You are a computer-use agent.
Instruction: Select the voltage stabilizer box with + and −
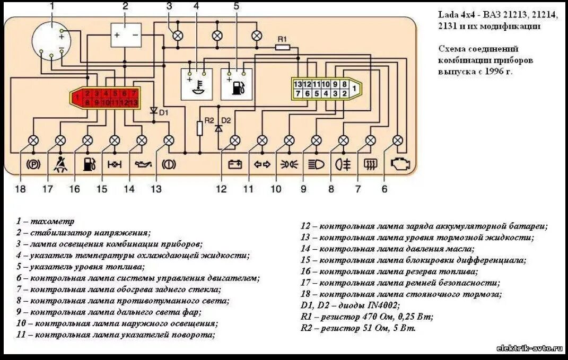[125, 35]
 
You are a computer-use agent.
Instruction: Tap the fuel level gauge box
[237, 84]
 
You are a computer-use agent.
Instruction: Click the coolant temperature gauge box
[197, 84]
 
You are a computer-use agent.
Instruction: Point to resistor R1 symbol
[282, 47]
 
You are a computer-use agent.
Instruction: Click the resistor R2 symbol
[200, 128]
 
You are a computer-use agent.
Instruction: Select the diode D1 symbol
[154, 111]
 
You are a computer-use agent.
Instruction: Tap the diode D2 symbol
[218, 128]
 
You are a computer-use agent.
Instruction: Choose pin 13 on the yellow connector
[298, 84]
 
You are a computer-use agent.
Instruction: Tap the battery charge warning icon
[234, 164]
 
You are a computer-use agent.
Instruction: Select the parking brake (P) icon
[33, 164]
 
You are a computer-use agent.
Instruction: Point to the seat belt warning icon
[61, 164]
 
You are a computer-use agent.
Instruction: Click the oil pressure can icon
[142, 164]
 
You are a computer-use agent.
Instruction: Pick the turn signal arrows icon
[262, 164]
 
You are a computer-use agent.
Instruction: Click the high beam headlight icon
[316, 164]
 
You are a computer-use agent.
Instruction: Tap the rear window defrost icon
[370, 164]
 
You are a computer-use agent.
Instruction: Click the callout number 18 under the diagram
[20, 189]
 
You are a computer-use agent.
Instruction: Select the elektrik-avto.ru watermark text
[529, 348]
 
